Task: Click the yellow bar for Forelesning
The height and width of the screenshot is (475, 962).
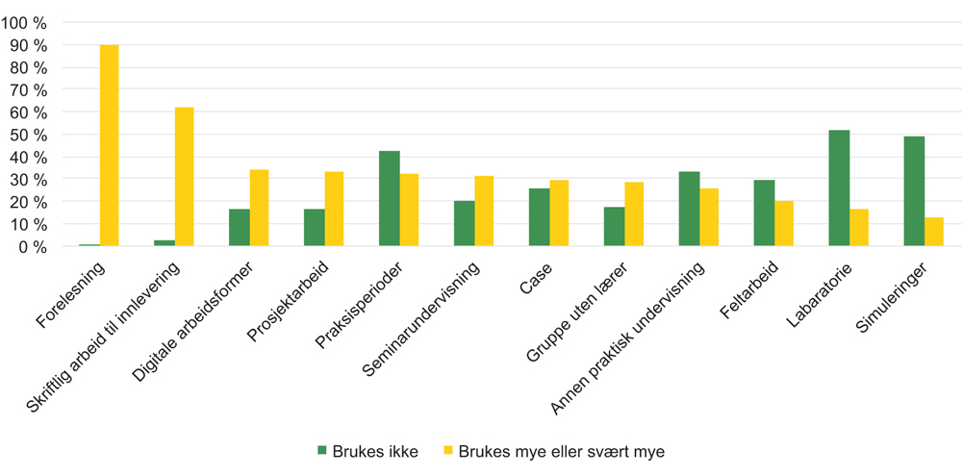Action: click(110, 146)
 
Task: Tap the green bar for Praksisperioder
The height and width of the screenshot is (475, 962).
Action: click(389, 199)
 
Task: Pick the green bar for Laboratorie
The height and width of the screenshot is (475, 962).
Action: click(839, 188)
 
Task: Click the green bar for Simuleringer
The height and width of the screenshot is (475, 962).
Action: click(914, 191)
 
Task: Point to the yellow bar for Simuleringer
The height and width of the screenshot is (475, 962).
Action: click(934, 232)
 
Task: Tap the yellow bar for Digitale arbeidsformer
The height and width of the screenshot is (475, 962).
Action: click(259, 208)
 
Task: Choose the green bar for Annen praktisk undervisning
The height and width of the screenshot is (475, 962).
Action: click(689, 209)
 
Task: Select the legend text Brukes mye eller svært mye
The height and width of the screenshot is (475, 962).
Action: click(561, 450)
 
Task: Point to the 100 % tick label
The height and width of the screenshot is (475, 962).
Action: click(26, 22)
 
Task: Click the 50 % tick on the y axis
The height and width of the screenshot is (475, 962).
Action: click(30, 135)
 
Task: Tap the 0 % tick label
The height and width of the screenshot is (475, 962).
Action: click(34, 247)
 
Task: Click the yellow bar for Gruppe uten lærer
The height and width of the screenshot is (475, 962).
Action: click(634, 214)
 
